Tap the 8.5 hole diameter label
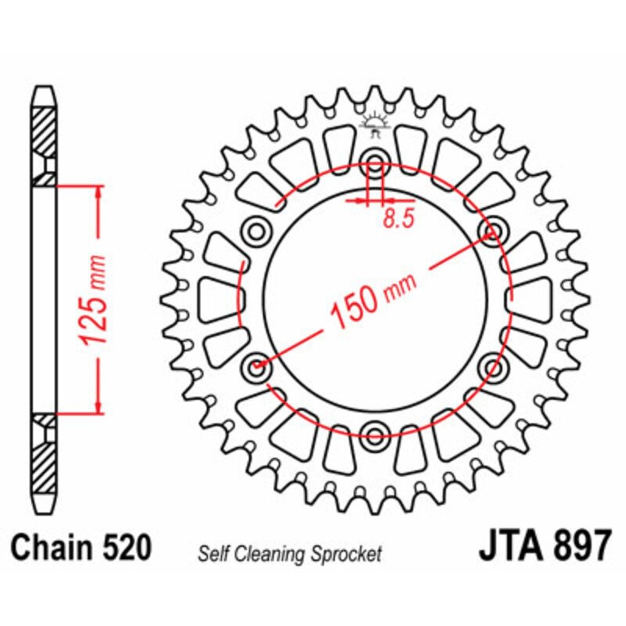pyautogui.click(x=398, y=220)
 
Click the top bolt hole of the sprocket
pyautogui.click(x=375, y=165)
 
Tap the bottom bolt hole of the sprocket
pyautogui.click(x=375, y=434)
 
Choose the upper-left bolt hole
pyautogui.click(x=256, y=232)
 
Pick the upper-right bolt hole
pyautogui.click(x=493, y=232)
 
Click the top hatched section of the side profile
pyautogui.click(x=45, y=129)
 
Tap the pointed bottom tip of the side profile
pyautogui.click(x=45, y=509)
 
